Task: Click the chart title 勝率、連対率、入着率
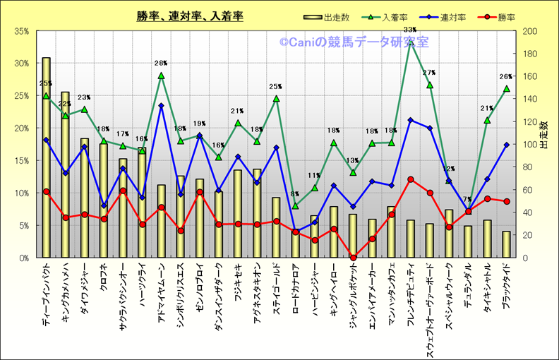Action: (190, 16)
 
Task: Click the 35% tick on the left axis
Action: (20, 31)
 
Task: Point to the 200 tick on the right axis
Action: (529, 31)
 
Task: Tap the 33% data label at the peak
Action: (410, 29)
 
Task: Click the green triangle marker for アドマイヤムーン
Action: (161, 76)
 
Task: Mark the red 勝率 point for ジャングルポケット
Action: (353, 258)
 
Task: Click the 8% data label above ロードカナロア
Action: (295, 195)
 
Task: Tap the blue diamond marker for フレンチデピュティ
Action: (410, 120)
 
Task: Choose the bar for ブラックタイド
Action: (506, 244)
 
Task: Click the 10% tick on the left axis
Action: (20, 193)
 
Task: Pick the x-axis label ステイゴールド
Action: (276, 290)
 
